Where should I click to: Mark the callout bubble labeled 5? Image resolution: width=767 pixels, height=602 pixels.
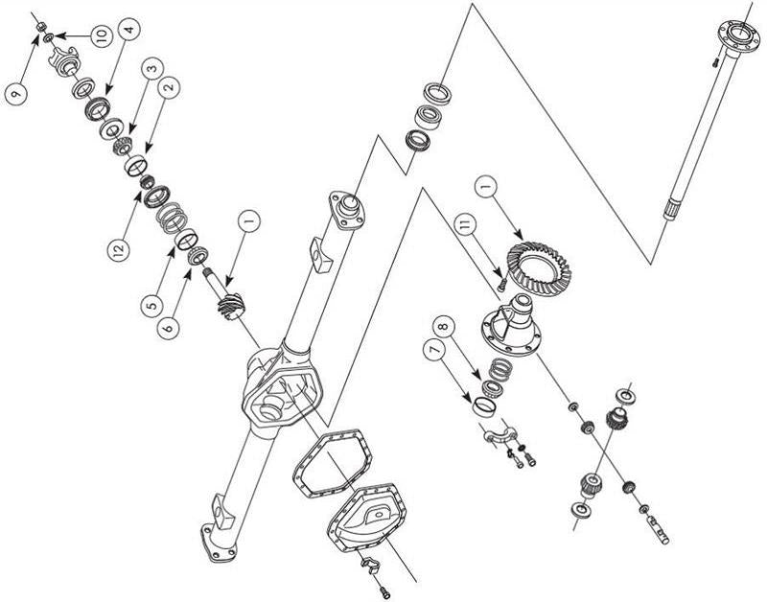(150, 306)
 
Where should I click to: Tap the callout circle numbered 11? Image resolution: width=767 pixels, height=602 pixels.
(465, 227)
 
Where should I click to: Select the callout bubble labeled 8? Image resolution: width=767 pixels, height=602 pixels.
(441, 325)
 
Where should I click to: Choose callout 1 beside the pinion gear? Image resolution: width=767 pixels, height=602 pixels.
(246, 223)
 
